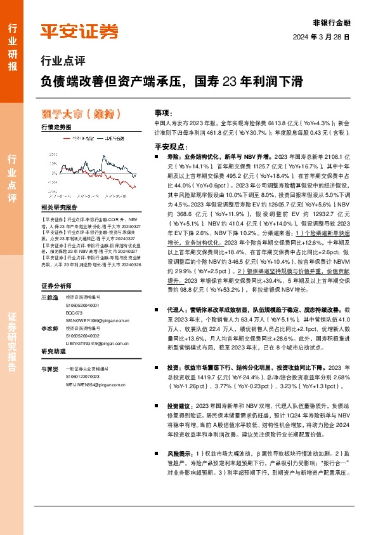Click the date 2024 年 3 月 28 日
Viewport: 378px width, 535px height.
coord(322,37)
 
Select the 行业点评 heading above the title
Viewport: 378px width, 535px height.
coord(62,62)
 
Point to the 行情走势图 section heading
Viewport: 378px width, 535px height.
coord(56,128)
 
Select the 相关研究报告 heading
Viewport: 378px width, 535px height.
coord(58,207)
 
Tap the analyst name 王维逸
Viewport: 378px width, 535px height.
coord(49,280)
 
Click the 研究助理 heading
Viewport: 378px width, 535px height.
coord(54,351)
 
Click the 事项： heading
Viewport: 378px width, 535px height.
coord(164,111)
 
